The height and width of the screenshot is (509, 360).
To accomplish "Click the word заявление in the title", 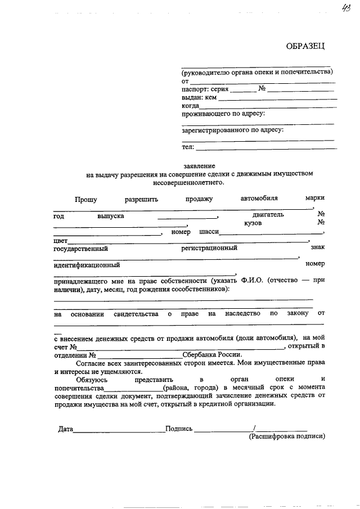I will [199, 166].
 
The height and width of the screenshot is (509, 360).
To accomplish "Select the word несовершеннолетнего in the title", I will [191, 182].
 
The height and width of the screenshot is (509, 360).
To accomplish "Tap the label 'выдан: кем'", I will [199, 97].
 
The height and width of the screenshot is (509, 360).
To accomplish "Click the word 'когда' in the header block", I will [190, 106].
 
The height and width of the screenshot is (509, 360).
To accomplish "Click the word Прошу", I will [85, 199].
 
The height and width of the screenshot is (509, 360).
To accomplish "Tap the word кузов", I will [253, 223].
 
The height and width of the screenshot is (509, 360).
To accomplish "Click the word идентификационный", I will [86, 264].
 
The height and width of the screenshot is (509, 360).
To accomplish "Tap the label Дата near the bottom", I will [66, 429].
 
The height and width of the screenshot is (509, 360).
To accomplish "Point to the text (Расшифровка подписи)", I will [287, 436].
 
